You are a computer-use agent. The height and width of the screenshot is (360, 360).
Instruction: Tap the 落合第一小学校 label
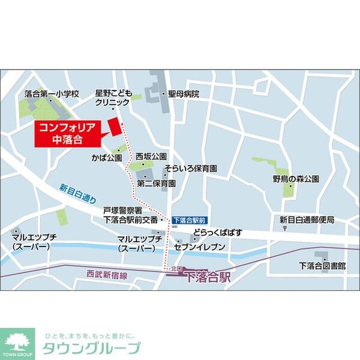point(52,94)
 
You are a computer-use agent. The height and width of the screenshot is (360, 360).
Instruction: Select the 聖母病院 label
point(184,94)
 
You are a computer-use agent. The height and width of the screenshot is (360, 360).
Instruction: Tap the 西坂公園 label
point(151,155)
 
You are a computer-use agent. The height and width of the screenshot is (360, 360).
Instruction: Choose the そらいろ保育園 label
point(191,169)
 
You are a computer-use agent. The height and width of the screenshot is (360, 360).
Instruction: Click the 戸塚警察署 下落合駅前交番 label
point(130,215)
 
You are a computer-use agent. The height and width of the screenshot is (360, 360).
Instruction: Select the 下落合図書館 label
point(322,265)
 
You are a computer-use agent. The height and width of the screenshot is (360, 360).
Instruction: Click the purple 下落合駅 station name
point(208,277)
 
